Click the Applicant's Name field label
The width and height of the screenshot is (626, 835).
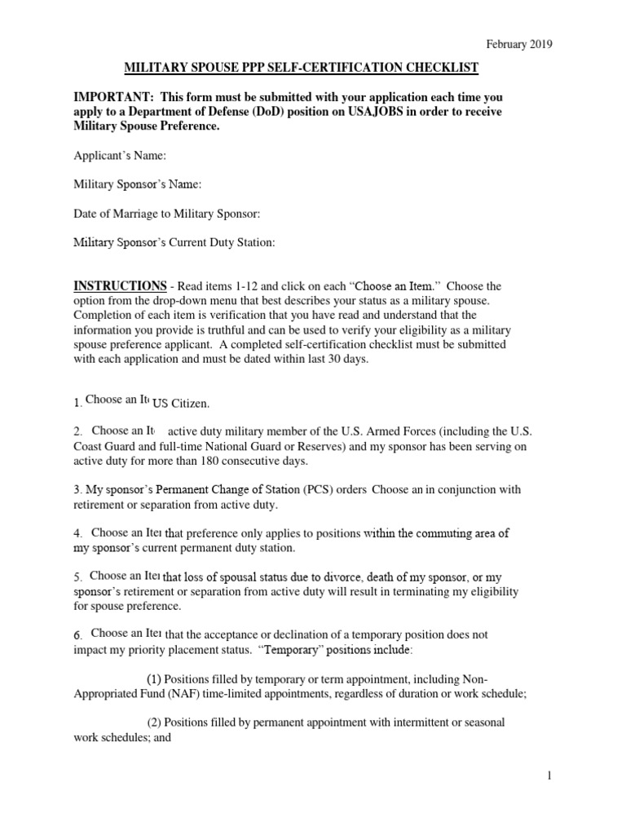pyautogui.click(x=120, y=156)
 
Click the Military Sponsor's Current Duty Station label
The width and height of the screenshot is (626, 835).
pyautogui.click(x=174, y=242)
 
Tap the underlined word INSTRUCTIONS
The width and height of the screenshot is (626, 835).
pyautogui.click(x=121, y=286)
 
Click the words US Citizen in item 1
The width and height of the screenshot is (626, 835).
pyautogui.click(x=182, y=404)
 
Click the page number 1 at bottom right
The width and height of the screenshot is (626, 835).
pyautogui.click(x=550, y=777)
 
